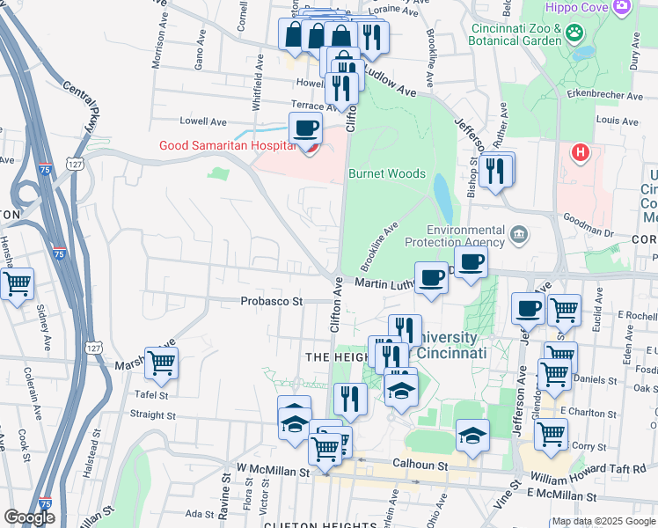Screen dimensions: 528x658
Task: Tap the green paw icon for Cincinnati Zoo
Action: point(574,33)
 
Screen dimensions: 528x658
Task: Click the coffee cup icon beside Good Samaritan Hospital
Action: point(305,128)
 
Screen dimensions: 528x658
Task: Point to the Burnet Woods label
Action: point(387,174)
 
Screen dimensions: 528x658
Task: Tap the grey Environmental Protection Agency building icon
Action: point(519,235)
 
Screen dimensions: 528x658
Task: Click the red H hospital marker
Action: point(580,153)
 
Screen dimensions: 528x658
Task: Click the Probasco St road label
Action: point(272,301)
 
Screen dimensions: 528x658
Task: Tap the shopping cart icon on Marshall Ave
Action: point(161,362)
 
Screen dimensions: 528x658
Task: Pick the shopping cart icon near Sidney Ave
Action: point(17,283)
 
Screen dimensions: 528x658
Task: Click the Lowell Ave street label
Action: point(203,121)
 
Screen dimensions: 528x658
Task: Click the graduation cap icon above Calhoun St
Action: point(472,435)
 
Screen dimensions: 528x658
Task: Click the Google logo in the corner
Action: point(29,517)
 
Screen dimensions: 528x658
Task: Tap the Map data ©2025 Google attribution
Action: point(603,521)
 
